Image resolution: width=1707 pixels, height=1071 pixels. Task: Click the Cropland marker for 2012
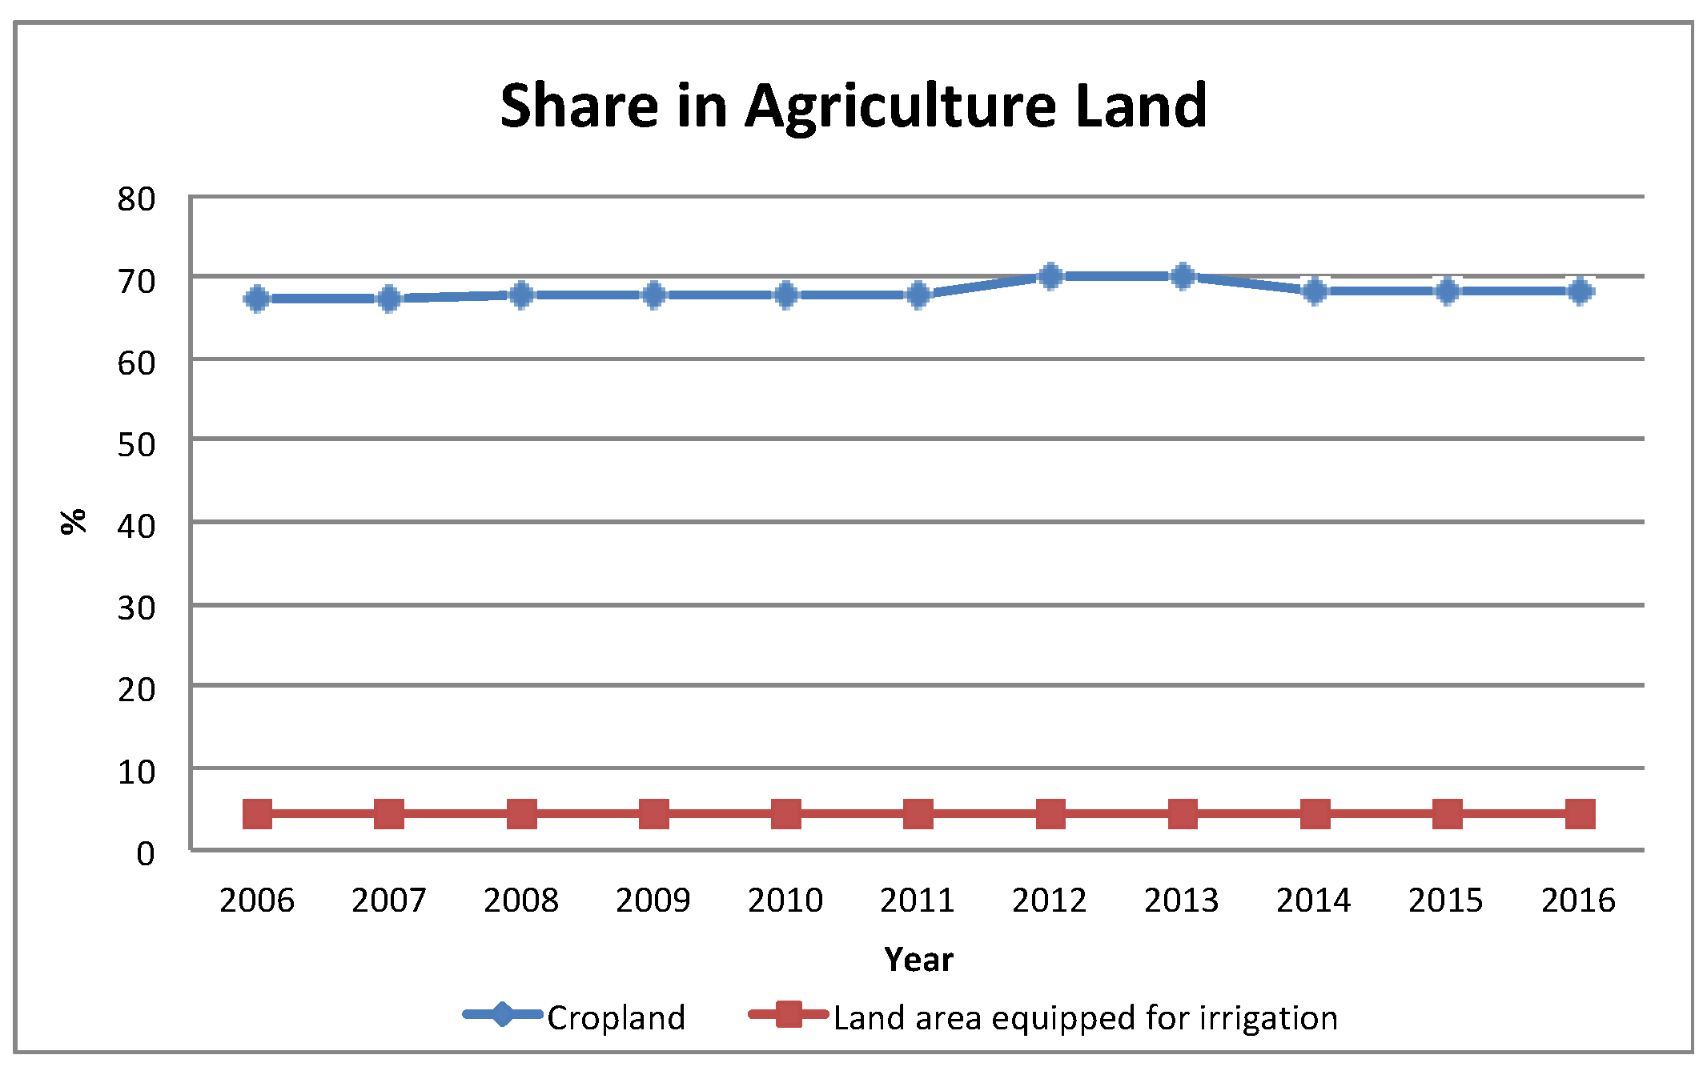click(1050, 276)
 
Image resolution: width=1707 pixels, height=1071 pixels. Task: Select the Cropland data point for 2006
click(257, 299)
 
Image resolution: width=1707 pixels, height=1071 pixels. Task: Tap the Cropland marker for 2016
click(1580, 291)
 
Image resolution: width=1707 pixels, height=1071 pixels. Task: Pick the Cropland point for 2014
click(1315, 291)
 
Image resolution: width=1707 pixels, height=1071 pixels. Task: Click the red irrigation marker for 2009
click(654, 814)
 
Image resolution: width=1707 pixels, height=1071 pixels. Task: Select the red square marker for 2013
click(1183, 814)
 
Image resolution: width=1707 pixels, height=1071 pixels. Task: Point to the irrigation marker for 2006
click(257, 814)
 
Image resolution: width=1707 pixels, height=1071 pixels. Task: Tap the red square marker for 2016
click(1580, 814)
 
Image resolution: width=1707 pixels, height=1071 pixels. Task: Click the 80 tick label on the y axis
click(136, 199)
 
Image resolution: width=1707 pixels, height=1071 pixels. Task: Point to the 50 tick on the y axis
click(136, 445)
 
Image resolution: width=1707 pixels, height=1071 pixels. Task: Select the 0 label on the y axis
click(146, 854)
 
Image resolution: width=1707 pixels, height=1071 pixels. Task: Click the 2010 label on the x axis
click(785, 901)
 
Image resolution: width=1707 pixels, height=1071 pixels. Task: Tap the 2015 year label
click(1446, 901)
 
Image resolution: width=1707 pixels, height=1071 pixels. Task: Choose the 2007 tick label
click(389, 901)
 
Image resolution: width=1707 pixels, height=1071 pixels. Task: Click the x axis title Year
click(918, 959)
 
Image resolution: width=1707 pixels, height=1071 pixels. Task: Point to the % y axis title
click(74, 521)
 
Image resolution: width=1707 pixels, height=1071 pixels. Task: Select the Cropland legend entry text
click(616, 1018)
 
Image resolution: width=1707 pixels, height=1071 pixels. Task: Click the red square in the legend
click(789, 1014)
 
